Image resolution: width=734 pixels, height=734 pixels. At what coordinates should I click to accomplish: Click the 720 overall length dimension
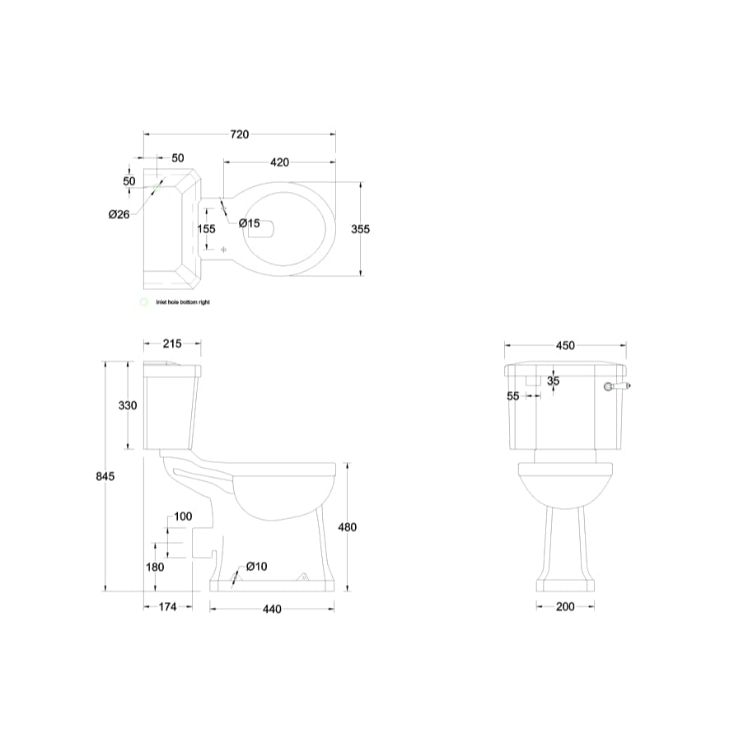239,134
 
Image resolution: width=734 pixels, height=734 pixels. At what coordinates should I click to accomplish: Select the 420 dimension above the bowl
280,162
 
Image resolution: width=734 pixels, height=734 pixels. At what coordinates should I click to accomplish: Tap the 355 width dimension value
360,229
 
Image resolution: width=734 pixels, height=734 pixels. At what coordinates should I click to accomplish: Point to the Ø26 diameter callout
119,214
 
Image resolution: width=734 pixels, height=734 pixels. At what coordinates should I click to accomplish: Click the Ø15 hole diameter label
250,223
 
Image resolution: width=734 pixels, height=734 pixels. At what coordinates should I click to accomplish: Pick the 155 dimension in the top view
207,229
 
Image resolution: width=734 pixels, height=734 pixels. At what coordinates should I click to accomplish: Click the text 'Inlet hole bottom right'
184,302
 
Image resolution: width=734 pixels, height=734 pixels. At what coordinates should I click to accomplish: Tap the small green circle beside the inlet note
144,302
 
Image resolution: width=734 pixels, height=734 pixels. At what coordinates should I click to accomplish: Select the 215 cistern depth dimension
172,344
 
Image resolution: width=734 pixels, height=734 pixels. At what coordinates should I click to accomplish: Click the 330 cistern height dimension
128,405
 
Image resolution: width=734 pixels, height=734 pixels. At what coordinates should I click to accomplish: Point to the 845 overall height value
104,476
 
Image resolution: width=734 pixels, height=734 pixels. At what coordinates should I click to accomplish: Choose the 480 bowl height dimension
348,528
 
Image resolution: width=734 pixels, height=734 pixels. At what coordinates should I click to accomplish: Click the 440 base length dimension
272,610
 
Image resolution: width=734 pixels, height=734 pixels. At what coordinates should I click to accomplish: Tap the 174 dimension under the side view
167,607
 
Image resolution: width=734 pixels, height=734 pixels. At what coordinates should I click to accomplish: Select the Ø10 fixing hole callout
257,566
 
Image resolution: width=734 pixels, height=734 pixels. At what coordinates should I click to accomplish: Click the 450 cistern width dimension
565,346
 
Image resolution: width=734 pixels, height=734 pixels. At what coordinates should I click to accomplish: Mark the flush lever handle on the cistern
619,386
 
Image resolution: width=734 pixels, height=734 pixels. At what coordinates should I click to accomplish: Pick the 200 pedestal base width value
565,607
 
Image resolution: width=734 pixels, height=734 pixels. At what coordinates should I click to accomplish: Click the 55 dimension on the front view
513,396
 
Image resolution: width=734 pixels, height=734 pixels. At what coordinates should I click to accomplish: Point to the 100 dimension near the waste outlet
183,517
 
